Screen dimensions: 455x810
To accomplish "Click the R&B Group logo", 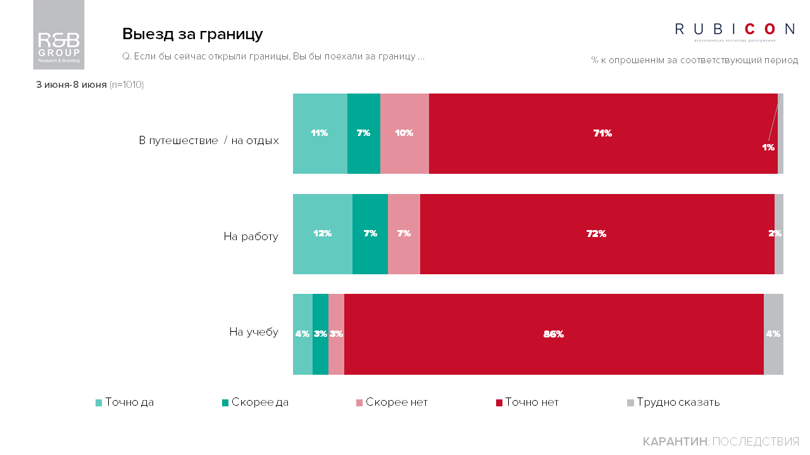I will tap(59, 35).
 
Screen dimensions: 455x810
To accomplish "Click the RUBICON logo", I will tap(735, 30).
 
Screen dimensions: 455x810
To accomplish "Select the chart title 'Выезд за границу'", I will tap(192, 34).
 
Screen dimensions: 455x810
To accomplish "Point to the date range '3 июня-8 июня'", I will tap(72, 85).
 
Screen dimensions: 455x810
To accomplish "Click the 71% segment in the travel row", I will tap(602, 133).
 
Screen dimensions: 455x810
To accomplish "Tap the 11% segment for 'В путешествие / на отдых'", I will tap(320, 133).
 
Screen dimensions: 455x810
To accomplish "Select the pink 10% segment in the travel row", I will tap(404, 133).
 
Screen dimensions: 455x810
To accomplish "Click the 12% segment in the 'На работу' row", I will tap(322, 233).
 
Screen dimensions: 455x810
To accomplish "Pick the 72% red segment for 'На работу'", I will tap(596, 233).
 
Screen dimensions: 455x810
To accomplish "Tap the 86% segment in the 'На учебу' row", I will tap(553, 334).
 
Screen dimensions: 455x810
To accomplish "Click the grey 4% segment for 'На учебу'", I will tap(773, 334).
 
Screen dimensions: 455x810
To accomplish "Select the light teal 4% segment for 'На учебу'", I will tap(302, 334).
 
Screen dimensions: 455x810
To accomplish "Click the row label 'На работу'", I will tap(251, 237).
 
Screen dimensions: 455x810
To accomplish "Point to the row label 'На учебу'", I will tap(254, 332).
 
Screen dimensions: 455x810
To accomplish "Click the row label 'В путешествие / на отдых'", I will tap(209, 140).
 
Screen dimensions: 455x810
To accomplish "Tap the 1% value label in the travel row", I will tap(768, 147).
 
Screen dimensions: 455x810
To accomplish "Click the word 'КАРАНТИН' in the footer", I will tap(675, 442).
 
